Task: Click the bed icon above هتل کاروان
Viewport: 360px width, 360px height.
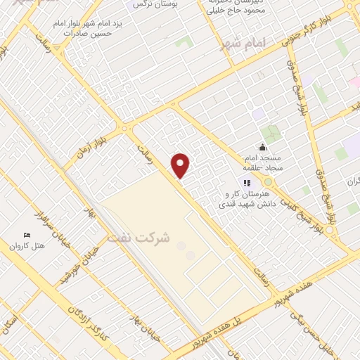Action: tap(27, 234)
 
